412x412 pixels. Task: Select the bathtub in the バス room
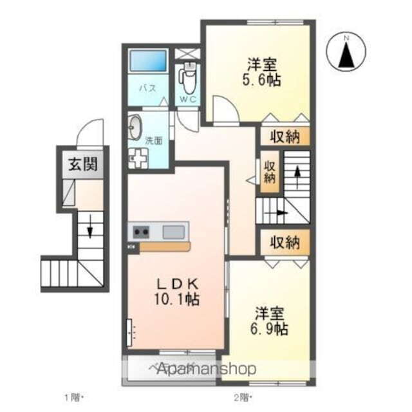149,62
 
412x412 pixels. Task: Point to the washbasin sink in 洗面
136,127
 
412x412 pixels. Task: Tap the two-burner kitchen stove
141,232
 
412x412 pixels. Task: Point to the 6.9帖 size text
270,329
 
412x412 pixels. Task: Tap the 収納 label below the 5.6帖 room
285,136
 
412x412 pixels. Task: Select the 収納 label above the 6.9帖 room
285,243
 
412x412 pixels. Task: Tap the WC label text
188,99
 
